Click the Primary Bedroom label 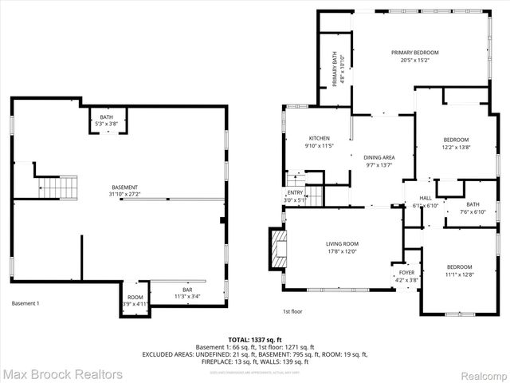coord(414,56)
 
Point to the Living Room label coord(342,248)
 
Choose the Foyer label coord(406,275)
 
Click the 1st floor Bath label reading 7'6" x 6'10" coord(473,208)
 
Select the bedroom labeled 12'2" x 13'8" coord(456,144)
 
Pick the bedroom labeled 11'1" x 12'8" coord(459,270)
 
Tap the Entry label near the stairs coord(295,196)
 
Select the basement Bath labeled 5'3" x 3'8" coord(107,120)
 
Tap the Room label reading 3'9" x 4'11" coord(135,300)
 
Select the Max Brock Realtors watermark coord(62,374)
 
